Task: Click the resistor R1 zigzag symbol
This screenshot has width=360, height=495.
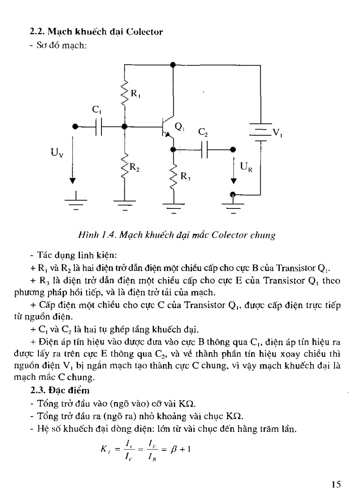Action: [125, 93]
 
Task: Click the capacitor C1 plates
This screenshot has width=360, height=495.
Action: [100, 127]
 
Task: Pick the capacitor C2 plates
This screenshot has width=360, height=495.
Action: [204, 149]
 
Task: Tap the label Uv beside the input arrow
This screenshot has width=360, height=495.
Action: [57, 154]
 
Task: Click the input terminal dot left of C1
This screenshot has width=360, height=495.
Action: [75, 127]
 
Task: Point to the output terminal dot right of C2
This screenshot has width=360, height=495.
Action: [233, 149]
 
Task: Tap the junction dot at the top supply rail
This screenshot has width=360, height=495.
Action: [173, 64]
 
